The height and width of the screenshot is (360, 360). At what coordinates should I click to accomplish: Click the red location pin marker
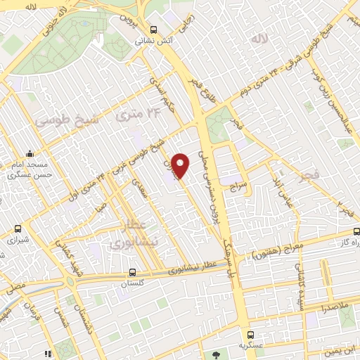point(181,165)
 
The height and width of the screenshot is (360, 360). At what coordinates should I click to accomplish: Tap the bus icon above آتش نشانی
point(153,30)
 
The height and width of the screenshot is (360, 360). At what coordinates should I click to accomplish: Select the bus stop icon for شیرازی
point(18,229)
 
